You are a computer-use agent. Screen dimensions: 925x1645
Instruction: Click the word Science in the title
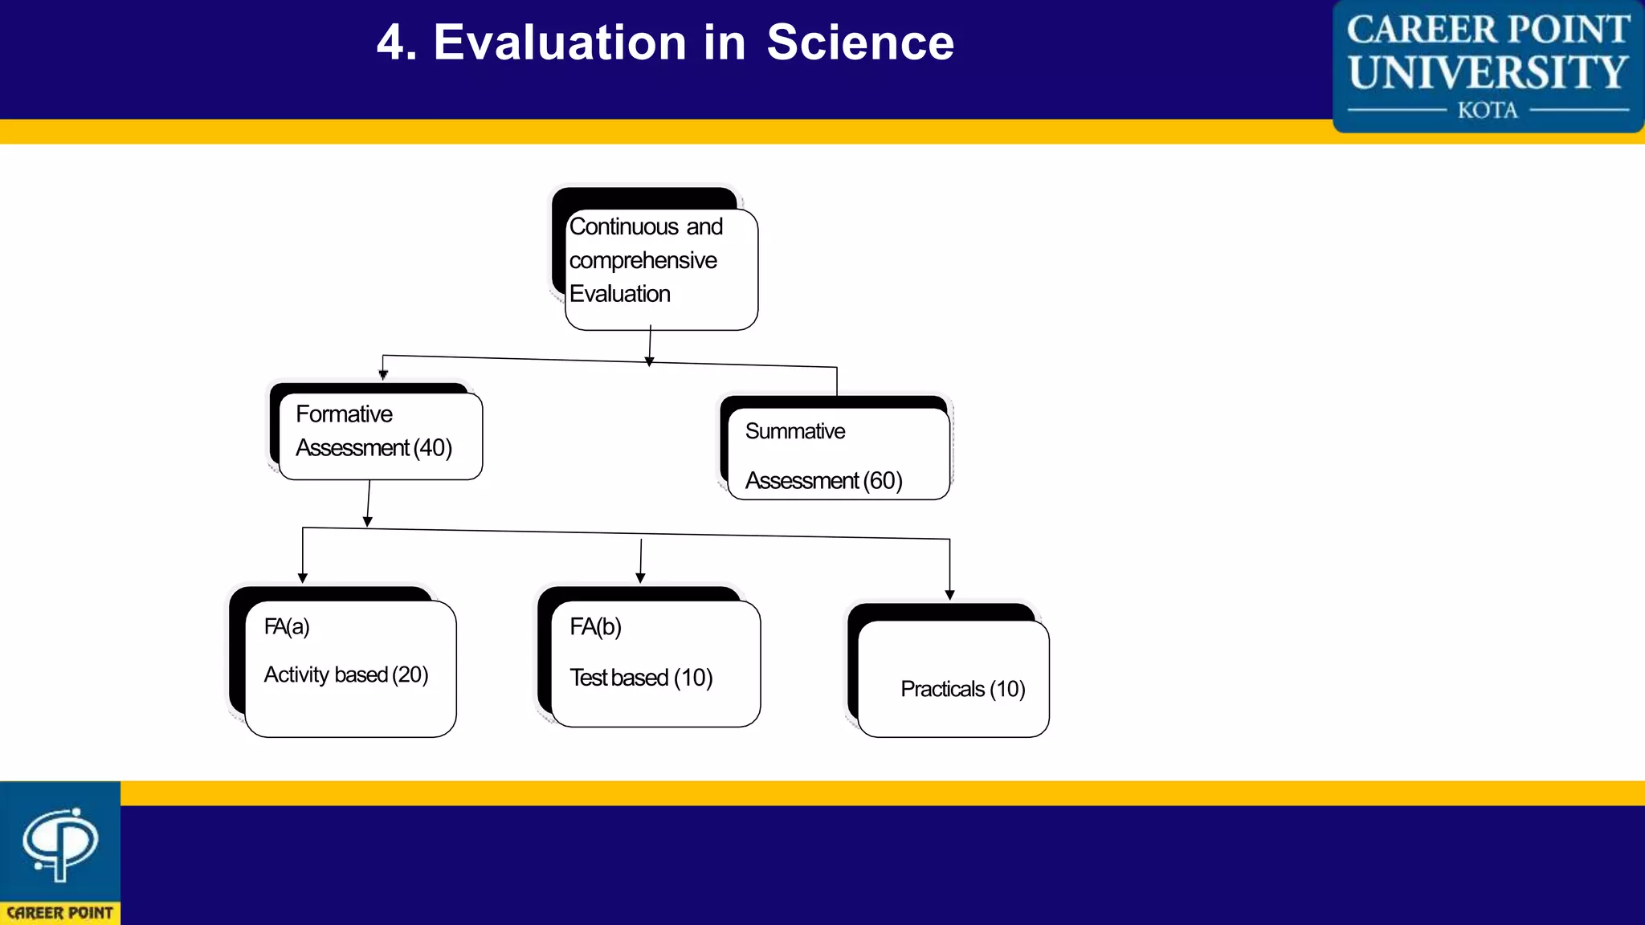pyautogui.click(x=859, y=43)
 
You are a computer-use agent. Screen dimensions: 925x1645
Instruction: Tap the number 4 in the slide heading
pyautogui.click(x=390, y=43)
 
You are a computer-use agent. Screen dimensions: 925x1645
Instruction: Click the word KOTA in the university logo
pyautogui.click(x=1488, y=110)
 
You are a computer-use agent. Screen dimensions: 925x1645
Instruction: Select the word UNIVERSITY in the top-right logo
pyautogui.click(x=1488, y=72)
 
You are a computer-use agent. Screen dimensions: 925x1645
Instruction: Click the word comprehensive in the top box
pyautogui.click(x=643, y=261)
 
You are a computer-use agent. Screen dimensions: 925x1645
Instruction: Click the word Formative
pyautogui.click(x=344, y=414)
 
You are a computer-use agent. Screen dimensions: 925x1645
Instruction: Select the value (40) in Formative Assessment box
pyautogui.click(x=433, y=448)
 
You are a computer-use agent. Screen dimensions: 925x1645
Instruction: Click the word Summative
pyautogui.click(x=794, y=432)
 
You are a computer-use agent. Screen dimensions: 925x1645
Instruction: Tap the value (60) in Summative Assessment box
pyautogui.click(x=883, y=481)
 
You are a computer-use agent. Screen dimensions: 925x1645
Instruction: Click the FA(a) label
pyautogui.click(x=287, y=626)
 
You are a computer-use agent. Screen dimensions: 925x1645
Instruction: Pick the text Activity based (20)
pyautogui.click(x=345, y=675)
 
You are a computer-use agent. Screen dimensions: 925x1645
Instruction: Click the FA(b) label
pyautogui.click(x=595, y=627)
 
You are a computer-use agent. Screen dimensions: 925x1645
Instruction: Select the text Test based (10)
pyautogui.click(x=641, y=678)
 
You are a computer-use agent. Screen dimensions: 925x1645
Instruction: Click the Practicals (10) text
pyautogui.click(x=962, y=690)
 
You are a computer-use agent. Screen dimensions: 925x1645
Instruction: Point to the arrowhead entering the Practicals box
pyautogui.click(x=949, y=595)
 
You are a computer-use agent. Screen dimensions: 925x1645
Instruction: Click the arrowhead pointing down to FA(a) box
pyautogui.click(x=303, y=578)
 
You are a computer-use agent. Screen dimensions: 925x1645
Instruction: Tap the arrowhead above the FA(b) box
pyautogui.click(x=640, y=578)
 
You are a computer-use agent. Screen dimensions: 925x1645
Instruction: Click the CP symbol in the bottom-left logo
pyautogui.click(x=60, y=843)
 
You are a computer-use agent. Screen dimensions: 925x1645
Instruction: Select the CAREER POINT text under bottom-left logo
pyautogui.click(x=60, y=913)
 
